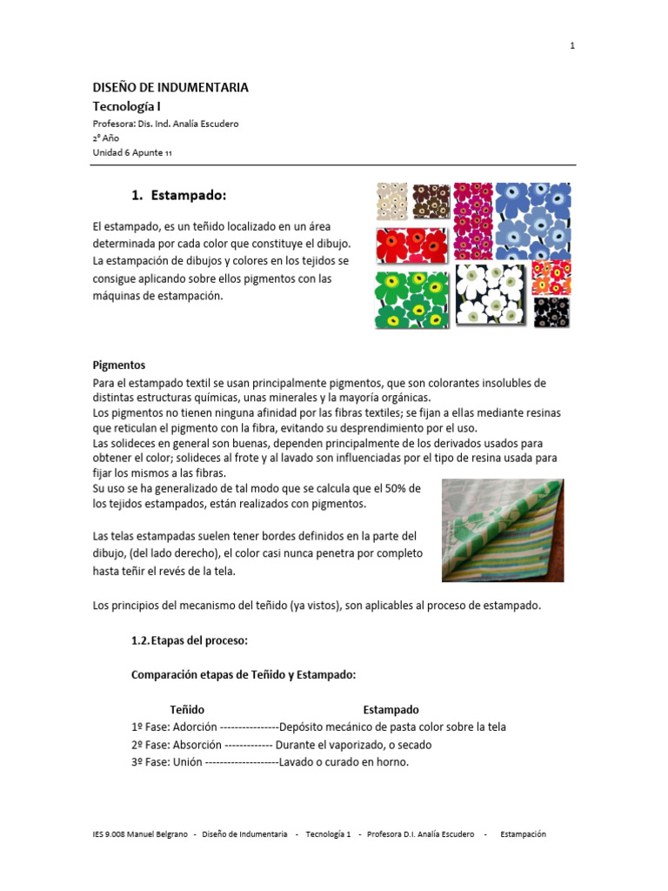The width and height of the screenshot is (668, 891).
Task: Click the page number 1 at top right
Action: click(x=572, y=46)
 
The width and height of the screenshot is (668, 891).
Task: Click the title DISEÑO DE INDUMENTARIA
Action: click(x=170, y=87)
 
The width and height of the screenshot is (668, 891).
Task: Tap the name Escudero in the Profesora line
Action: click(x=216, y=124)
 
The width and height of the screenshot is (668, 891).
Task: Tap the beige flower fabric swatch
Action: click(x=391, y=201)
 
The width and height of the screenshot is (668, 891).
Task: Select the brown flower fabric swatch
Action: click(x=431, y=202)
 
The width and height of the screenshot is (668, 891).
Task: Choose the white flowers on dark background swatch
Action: click(x=491, y=293)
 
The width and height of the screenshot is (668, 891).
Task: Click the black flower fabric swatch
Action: click(x=551, y=311)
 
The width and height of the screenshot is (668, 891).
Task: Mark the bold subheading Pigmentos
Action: click(x=119, y=365)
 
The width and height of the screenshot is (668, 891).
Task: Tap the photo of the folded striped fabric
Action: click(x=502, y=530)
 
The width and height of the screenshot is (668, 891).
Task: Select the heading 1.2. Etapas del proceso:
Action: click(x=189, y=640)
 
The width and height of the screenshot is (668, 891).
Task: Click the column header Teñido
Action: click(x=187, y=710)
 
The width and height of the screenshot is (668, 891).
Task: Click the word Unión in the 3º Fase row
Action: click(x=187, y=762)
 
